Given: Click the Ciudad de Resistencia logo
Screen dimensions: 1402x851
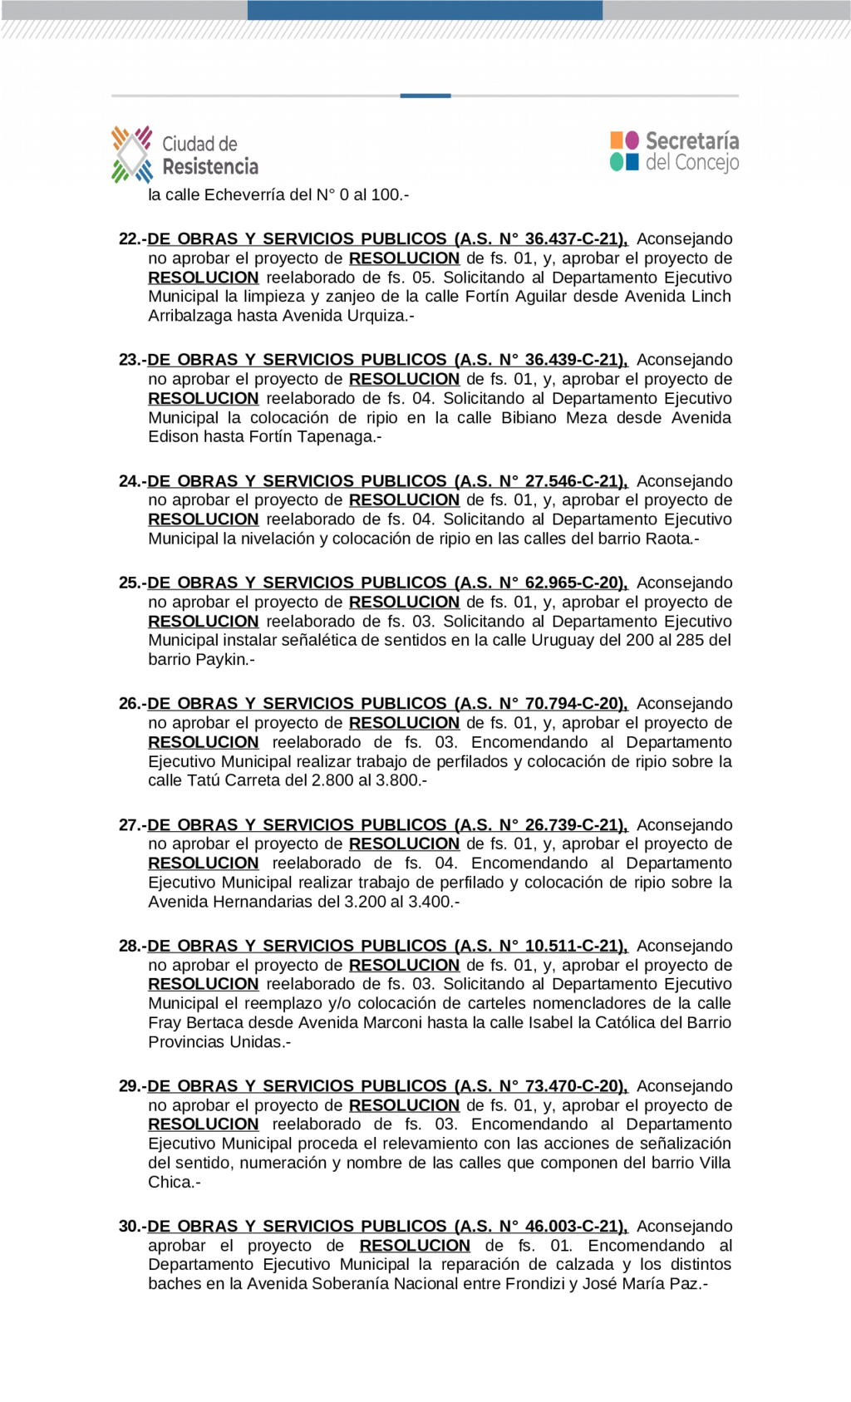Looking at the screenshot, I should coord(184,155).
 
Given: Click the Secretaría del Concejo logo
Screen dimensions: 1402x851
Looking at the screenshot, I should coord(674,151).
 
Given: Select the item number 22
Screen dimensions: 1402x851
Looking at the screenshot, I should coord(130,239).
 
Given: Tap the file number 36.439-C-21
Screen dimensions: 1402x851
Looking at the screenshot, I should coord(573,360).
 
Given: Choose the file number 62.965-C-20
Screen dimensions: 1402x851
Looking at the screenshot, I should coord(573,583).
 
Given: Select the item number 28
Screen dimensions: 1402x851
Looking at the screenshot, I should coord(130,946).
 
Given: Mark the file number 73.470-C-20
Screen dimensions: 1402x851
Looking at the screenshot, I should coord(573,1086).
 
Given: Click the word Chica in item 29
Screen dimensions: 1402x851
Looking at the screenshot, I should coord(170,1182).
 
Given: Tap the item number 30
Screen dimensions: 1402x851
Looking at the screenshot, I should coord(130,1227).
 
